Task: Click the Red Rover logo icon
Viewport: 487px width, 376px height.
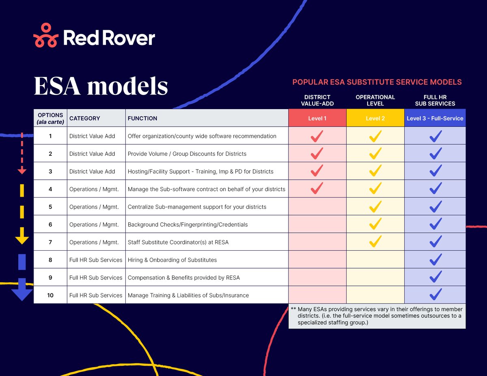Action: pos(46,36)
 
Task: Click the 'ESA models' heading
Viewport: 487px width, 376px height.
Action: pos(101,86)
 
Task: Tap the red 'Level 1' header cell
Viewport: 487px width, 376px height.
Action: pos(317,118)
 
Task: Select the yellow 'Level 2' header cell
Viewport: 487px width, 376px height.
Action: pos(375,118)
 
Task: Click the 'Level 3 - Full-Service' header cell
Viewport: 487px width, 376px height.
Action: pos(435,118)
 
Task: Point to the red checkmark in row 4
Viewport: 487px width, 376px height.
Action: pos(317,189)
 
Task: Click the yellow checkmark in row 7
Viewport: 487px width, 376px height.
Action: pos(375,242)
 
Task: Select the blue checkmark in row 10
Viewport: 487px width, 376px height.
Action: pos(435,294)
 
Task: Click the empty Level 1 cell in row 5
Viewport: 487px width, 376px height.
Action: pos(317,207)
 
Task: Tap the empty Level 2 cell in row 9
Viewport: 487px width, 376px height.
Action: pos(375,277)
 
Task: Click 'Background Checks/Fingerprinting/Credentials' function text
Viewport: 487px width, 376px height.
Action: pos(187,224)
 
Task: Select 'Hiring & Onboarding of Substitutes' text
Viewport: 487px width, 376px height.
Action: pos(172,260)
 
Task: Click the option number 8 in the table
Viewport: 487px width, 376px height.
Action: pos(50,260)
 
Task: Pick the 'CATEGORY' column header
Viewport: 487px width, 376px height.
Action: pos(84,118)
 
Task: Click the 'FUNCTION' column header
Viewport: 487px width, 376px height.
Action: pos(142,118)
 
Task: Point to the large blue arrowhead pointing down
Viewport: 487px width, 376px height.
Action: pos(22,290)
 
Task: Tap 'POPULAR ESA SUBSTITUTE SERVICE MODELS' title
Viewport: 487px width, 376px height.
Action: pos(377,82)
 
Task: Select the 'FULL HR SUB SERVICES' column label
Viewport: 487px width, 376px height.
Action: pos(435,100)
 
